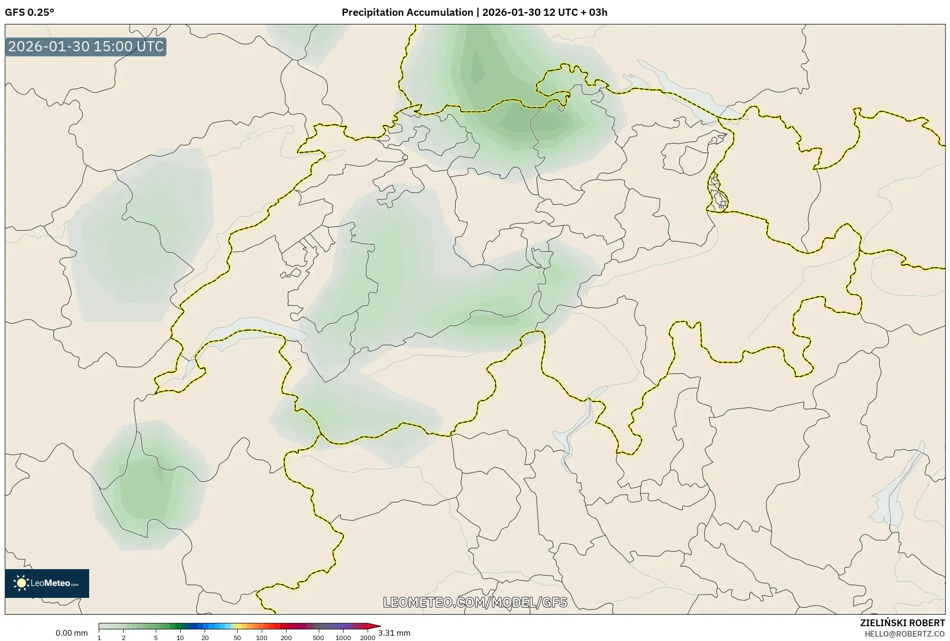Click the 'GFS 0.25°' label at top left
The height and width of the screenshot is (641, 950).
tap(29, 12)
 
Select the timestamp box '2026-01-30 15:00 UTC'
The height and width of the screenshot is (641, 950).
tap(86, 47)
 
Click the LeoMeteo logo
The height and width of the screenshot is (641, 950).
tap(47, 583)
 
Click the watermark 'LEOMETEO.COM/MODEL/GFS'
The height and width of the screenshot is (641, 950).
tap(475, 602)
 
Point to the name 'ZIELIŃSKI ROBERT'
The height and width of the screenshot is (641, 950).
tap(902, 623)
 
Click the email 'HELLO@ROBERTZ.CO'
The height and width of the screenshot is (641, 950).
tap(904, 634)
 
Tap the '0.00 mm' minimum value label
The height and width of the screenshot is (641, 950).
tap(71, 633)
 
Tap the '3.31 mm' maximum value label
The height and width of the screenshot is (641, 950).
tap(394, 633)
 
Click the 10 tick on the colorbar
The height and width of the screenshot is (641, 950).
tap(180, 637)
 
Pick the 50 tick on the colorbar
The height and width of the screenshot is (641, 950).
tap(237, 637)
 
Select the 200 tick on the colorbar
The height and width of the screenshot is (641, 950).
tap(286, 637)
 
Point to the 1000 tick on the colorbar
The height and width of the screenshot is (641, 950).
tap(343, 637)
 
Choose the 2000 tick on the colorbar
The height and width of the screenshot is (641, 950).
tap(368, 637)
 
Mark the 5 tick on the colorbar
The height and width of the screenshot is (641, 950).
tap(156, 637)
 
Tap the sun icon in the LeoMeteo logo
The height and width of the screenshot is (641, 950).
tap(21, 583)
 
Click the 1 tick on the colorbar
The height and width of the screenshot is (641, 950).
tap(99, 637)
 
